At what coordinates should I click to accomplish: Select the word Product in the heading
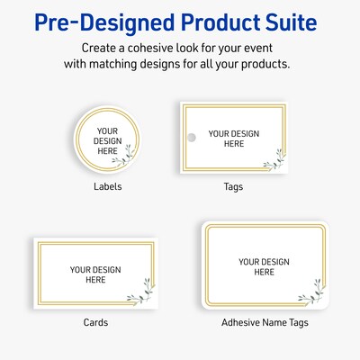click(205, 21)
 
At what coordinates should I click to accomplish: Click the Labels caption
click(107, 187)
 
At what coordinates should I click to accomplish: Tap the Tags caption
click(233, 187)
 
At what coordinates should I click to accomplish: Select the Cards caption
click(95, 322)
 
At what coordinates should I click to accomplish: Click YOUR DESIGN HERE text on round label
click(106, 139)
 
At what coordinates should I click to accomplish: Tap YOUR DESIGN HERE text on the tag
click(233, 139)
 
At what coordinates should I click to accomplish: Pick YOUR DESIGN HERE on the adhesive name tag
click(262, 267)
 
